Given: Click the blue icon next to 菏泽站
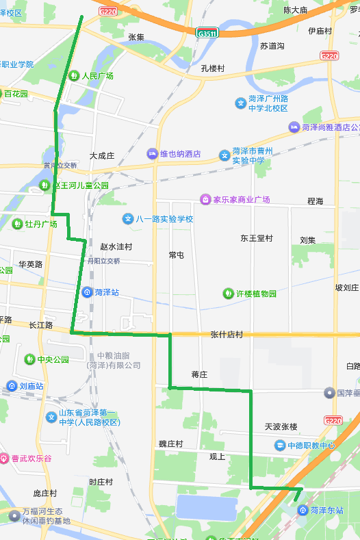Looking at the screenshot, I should (x=88, y=292).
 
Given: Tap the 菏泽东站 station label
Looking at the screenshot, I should (x=326, y=511).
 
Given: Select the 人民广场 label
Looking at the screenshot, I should (x=98, y=76).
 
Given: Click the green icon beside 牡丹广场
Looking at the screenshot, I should (x=17, y=224).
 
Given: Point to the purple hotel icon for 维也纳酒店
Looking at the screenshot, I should (x=152, y=154).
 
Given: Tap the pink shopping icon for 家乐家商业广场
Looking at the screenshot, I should (x=204, y=199).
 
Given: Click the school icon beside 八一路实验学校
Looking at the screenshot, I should (x=127, y=219).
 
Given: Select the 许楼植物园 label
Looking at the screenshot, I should (x=256, y=294).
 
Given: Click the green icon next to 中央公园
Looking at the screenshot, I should (x=29, y=359).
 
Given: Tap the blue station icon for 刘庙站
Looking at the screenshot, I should (x=12, y=386).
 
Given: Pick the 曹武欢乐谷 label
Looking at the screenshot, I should (x=31, y=459).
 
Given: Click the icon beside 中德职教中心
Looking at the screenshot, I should (x=280, y=446).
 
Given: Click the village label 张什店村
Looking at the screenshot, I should (x=227, y=335).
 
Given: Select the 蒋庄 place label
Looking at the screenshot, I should (x=199, y=374).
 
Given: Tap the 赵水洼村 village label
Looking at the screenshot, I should (x=116, y=246).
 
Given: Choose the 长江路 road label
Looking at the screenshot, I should (x=41, y=325).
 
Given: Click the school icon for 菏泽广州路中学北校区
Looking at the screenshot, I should (x=241, y=103).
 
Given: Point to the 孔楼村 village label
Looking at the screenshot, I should (x=212, y=68).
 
